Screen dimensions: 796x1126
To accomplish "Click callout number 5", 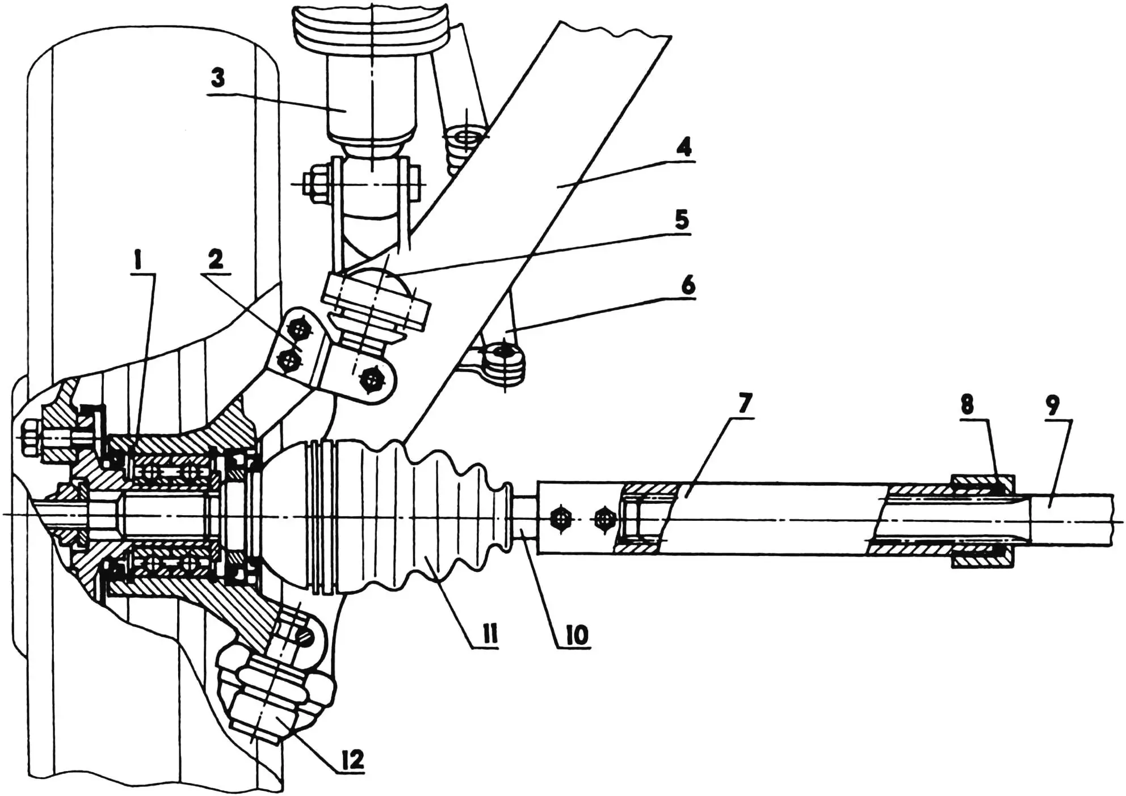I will [x=681, y=219].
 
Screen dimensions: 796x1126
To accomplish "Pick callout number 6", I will [x=687, y=285].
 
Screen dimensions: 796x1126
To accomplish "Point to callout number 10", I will [x=577, y=635].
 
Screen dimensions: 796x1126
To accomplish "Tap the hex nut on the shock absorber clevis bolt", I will [x=314, y=184].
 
